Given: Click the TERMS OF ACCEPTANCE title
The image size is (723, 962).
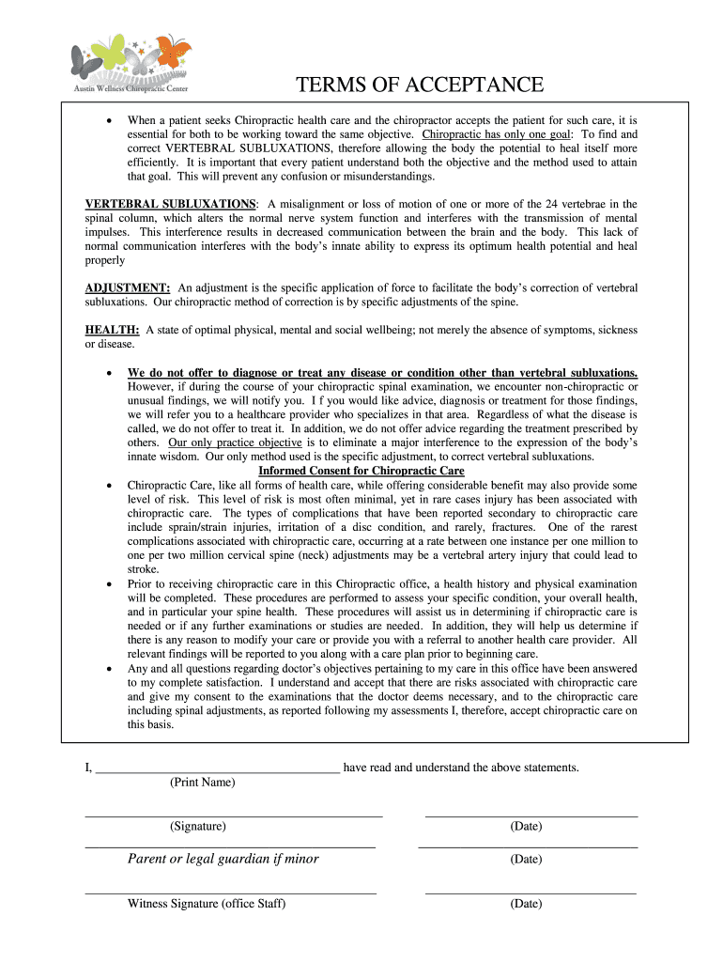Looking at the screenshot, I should (420, 85).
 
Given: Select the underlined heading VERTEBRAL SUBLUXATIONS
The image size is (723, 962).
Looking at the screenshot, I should (170, 204).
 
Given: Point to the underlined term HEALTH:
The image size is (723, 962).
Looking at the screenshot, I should (113, 330).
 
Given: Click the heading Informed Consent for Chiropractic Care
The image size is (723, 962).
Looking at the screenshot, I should (361, 471).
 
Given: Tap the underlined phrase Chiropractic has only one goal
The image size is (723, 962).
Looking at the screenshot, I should (497, 134).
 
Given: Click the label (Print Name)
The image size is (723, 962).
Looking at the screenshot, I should (203, 783).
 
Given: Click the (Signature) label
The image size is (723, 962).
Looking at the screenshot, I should (198, 827).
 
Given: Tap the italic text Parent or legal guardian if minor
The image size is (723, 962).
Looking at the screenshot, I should (223, 859).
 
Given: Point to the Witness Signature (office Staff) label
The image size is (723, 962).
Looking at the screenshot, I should (207, 904).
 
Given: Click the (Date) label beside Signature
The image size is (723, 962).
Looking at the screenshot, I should (526, 827).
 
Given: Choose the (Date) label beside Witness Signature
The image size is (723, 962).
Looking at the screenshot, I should (526, 904).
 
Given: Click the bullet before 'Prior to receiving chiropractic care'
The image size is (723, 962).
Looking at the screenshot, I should (112, 583).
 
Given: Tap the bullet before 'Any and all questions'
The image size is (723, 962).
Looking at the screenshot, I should (112, 668).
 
